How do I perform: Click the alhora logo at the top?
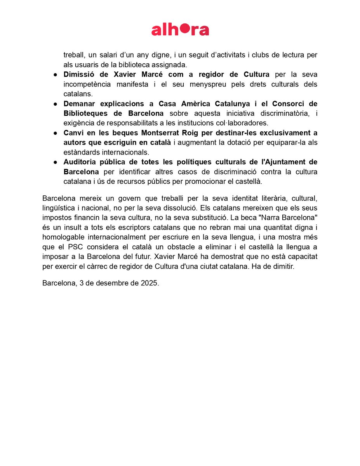point(180,30)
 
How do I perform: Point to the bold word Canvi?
point(73,133)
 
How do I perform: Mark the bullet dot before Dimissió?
point(56,75)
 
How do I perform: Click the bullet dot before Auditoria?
point(56,162)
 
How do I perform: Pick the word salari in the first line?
point(109,55)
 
